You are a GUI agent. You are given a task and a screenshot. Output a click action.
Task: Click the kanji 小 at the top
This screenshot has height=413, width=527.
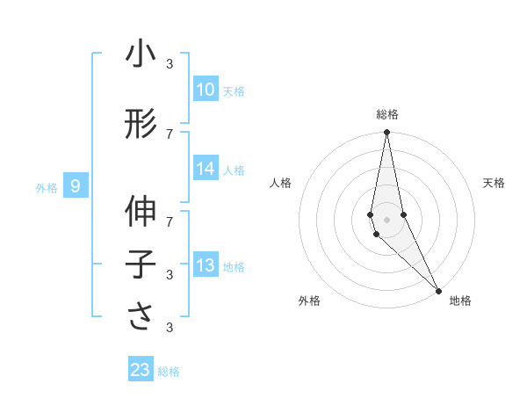click(x=141, y=54)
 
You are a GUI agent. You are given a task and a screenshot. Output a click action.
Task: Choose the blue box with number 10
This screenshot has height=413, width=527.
click(x=205, y=90)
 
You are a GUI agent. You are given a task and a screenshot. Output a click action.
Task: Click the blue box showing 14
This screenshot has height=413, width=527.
click(x=205, y=170)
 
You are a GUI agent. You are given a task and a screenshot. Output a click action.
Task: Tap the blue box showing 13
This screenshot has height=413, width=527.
click(x=205, y=266)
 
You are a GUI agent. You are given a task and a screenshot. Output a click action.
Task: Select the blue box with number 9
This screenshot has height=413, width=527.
click(x=76, y=186)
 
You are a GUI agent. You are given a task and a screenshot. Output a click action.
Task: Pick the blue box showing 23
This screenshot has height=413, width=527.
click(x=141, y=370)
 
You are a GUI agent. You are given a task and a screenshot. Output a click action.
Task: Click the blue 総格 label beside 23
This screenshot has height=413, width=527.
click(x=169, y=372)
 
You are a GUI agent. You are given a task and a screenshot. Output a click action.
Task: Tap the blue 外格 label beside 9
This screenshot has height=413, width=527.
click(x=46, y=187)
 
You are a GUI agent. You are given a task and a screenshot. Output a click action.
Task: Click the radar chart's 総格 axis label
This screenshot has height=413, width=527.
click(x=386, y=114)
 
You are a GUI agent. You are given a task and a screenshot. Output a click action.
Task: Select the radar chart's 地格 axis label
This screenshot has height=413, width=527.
click(x=460, y=301)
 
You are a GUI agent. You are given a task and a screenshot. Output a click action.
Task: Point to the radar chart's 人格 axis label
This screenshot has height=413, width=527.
click(x=280, y=183)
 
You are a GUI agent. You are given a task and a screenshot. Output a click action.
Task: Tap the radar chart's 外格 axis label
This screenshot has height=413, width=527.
click(x=308, y=301)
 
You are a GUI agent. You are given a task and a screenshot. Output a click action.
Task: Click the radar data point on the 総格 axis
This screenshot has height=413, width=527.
click(x=386, y=133)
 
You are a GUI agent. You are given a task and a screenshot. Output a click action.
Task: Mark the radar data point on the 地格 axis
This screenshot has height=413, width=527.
click(x=439, y=290)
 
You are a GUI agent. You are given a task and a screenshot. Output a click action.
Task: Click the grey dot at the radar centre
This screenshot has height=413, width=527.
click(x=386, y=219)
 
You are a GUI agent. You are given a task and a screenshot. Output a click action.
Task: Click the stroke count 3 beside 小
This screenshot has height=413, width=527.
click(x=169, y=63)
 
